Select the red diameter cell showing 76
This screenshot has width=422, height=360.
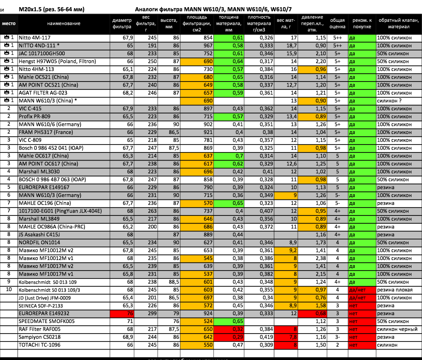tap(122, 313)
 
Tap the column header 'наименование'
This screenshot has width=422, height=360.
tap(63, 24)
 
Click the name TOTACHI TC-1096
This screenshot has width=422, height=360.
tap(40, 345)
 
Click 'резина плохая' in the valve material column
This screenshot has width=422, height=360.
tap(395, 290)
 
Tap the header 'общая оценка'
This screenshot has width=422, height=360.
tap(337, 24)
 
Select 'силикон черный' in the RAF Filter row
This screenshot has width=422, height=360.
tap(397, 329)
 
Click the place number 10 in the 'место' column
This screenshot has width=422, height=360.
tap(9, 290)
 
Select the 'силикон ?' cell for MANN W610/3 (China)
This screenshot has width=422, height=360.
tap(391, 101)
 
